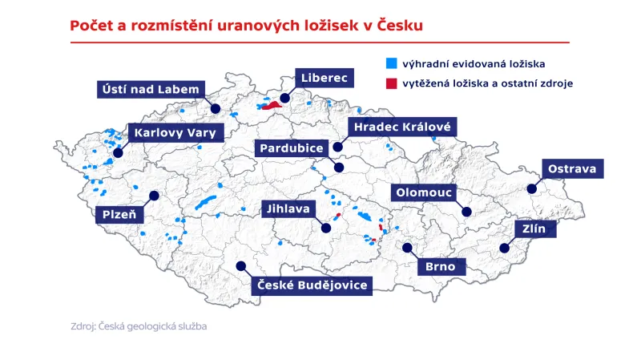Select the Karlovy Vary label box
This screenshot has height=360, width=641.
[175, 133]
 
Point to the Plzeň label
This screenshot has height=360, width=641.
[120, 214]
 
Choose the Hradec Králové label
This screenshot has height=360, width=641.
[402, 127]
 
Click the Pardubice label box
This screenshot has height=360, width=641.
[290, 148]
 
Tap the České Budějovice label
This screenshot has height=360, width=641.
[312, 285]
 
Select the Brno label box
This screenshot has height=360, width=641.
[441, 266]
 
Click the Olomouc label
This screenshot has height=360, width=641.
[424, 192]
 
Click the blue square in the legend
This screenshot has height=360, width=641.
[392, 62]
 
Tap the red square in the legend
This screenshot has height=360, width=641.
[392, 82]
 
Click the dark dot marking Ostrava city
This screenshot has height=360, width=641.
[531, 189]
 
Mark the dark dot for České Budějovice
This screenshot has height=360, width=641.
[240, 266]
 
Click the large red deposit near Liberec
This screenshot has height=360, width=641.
[272, 105]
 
